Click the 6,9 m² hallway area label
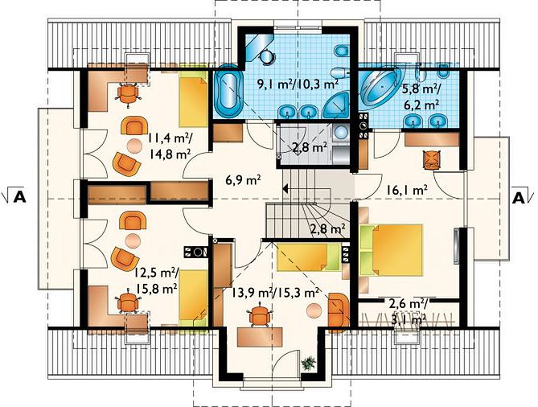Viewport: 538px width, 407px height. click(244, 179)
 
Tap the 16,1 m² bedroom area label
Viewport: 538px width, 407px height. click(407, 190)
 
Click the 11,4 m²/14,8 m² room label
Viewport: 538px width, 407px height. click(170, 146)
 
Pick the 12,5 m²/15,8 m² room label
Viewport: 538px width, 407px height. click(157, 281)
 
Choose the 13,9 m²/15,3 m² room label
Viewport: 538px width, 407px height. click(273, 293)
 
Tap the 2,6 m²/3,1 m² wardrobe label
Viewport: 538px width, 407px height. click(408, 311)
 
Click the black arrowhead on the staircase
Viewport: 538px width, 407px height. click(285, 188)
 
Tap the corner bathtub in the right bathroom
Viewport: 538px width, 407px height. click(380, 88)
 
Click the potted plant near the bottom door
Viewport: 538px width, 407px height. click(309, 363)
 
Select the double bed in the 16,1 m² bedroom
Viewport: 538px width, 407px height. click(391, 250)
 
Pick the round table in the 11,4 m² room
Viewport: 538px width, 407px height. click(134, 146)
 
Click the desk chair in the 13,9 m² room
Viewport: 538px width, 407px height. click(260, 314)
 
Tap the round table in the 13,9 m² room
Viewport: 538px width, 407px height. click(314, 311)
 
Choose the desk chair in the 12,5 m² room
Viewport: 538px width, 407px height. click(128, 302)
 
